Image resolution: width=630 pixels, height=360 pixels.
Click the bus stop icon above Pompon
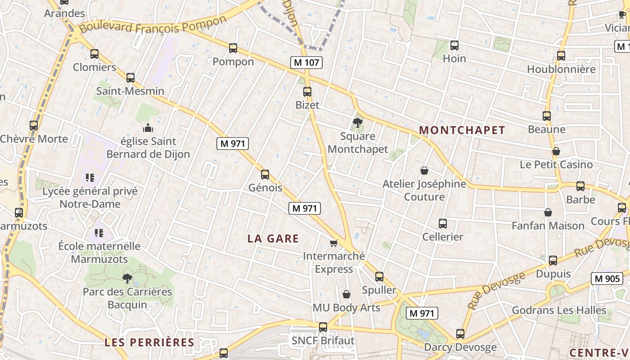point(233,48)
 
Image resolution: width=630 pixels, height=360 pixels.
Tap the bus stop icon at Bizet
point(307,92)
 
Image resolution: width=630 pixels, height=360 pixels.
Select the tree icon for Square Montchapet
point(358,122)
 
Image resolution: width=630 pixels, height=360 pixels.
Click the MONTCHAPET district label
point(462,130)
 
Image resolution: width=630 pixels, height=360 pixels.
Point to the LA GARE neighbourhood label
point(273,238)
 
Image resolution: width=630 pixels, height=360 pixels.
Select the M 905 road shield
point(607,279)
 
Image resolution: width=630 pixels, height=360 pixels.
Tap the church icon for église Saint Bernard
point(148,128)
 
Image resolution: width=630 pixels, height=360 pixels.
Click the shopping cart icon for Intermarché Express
point(333,243)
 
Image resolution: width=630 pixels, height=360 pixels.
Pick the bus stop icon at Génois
point(265,175)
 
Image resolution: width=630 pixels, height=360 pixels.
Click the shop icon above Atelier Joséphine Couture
point(424,171)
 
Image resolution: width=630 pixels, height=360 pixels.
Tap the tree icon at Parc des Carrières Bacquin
point(127,278)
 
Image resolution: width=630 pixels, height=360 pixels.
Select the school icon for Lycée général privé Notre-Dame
point(90,178)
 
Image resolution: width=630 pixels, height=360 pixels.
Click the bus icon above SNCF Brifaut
point(323,327)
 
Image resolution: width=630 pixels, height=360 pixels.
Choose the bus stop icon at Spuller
point(379,277)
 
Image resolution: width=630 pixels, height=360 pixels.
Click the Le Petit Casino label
point(556,165)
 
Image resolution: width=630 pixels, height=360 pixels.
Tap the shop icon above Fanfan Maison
point(548,212)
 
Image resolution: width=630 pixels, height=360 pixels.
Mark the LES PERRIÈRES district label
point(149,342)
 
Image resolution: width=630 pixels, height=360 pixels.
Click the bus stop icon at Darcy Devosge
point(460,334)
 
